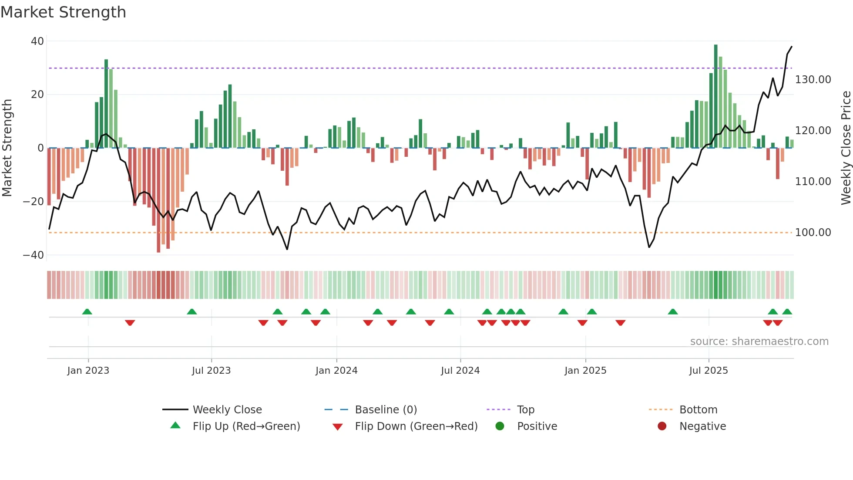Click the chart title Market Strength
coord(63,12)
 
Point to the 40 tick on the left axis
coord(37,41)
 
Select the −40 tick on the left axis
coord(34,255)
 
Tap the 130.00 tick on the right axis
coord(813,80)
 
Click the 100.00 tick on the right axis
coord(813,233)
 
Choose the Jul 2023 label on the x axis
coord(211,371)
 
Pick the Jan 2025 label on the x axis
coord(585,371)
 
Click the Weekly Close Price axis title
coord(846,148)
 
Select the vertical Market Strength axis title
coord(7,148)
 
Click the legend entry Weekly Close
coord(227,410)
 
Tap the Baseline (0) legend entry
coord(386,410)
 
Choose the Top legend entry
coord(525,410)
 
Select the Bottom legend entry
coord(698,410)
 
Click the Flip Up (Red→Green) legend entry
coord(246,426)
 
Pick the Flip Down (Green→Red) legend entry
coord(416,426)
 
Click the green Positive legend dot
coord(500,426)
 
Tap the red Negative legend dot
coord(662,426)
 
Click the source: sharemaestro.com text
coord(759,341)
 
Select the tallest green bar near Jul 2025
coord(715,96)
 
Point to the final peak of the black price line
coord(791,47)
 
